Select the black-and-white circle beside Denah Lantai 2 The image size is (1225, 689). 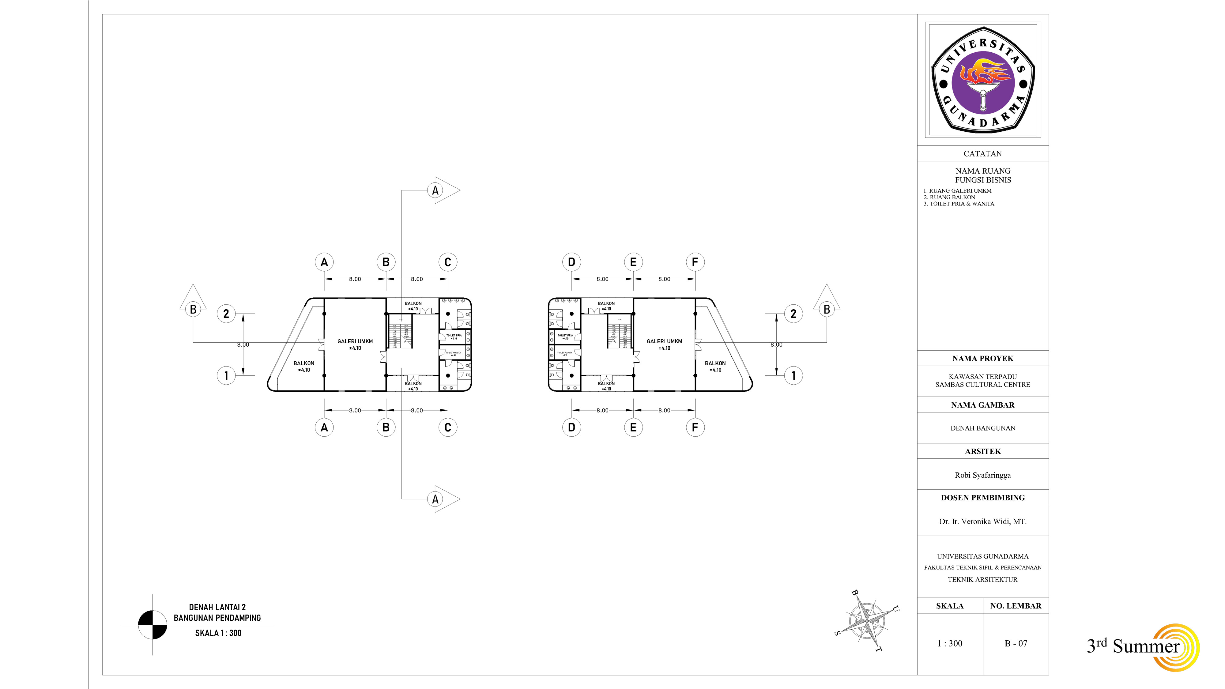coord(153,625)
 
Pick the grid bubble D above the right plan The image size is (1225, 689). coord(571,262)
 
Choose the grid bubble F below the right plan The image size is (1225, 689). coord(695,427)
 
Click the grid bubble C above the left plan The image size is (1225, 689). coord(447,262)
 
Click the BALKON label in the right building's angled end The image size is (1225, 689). coord(715,363)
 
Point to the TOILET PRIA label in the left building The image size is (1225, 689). coord(454,336)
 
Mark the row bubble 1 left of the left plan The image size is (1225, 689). coord(226,375)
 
